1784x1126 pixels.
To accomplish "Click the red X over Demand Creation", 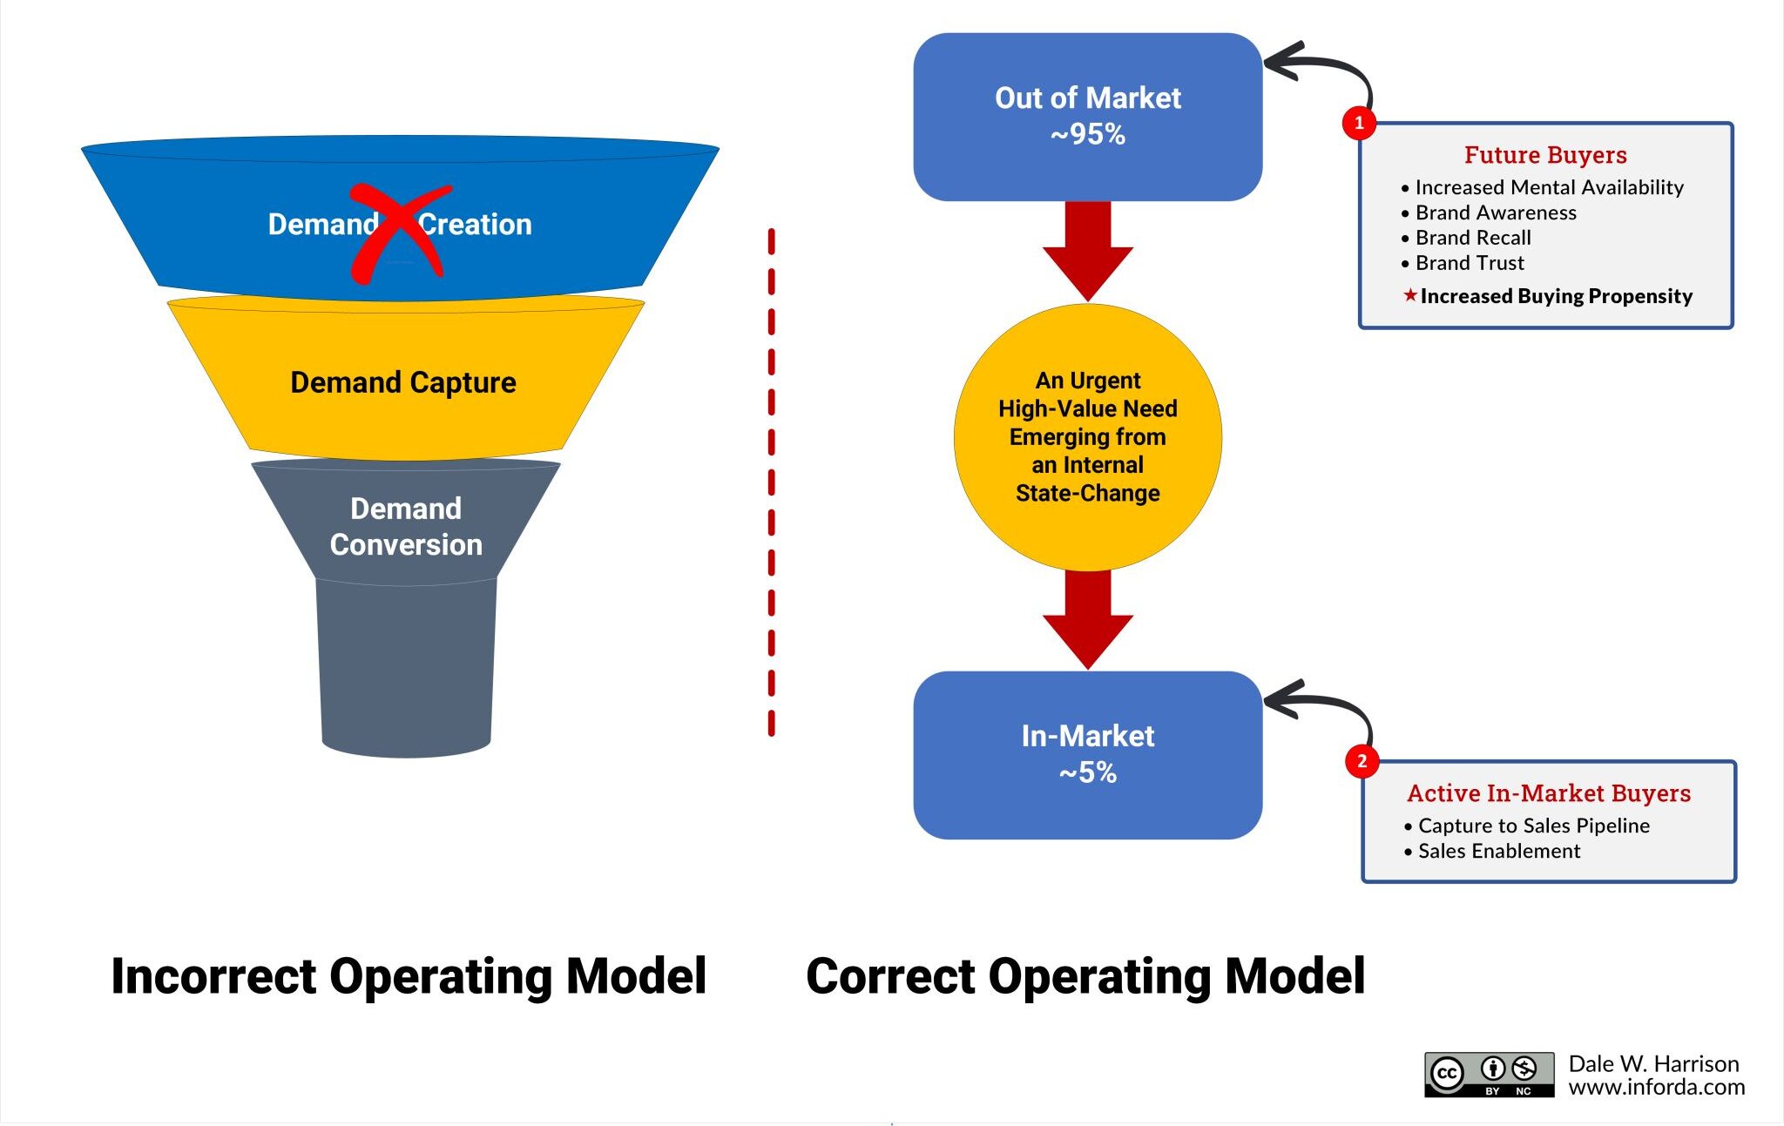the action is (x=400, y=233).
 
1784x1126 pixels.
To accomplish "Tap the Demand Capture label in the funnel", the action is (x=403, y=383).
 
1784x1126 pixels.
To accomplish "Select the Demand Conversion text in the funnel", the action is (x=406, y=526).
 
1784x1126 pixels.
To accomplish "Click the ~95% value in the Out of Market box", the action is (x=1087, y=135).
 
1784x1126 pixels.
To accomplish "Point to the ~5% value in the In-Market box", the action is (x=1087, y=772).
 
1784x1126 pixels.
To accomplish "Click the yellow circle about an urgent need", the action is (x=1088, y=437).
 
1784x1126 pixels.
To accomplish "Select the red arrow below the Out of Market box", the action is (x=1088, y=251).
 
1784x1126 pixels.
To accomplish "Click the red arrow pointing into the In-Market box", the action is (x=1088, y=619).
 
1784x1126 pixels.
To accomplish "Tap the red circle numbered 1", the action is (x=1359, y=123).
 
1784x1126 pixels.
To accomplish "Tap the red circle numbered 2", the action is (x=1362, y=761).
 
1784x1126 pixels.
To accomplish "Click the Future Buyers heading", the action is (x=1545, y=155).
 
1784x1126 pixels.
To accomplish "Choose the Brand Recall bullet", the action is (x=1466, y=238).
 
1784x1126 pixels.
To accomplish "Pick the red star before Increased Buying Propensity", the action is (x=1410, y=295).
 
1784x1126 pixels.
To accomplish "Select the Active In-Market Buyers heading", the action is (x=1549, y=793).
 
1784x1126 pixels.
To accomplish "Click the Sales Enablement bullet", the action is (x=1492, y=851).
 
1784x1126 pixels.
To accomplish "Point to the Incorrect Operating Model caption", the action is (x=409, y=976).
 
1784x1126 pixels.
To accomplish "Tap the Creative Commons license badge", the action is (x=1490, y=1075).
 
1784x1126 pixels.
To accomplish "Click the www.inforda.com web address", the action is (x=1657, y=1087).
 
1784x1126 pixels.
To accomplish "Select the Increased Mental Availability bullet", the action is (x=1543, y=187).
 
